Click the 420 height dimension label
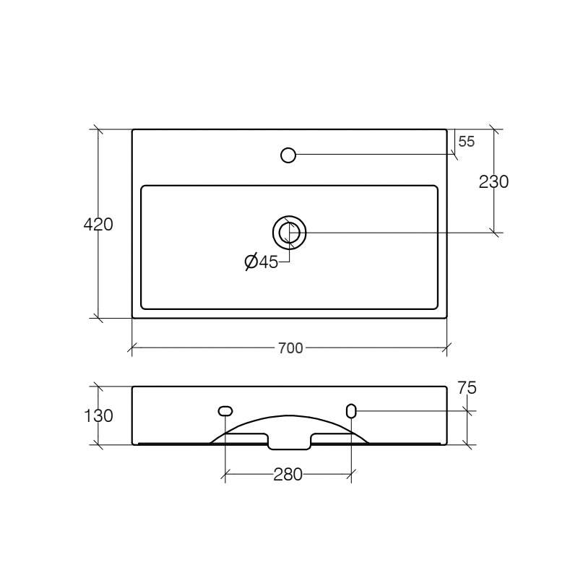coord(98,225)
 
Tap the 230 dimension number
coord(494,182)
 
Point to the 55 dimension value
coord(467,142)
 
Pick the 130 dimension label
coord(98,416)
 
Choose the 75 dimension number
coord(467,388)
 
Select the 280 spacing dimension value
coord(288,475)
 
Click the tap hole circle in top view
coord(288,155)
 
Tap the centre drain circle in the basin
coord(289,232)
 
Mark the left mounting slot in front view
coord(225,411)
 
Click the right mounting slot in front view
coord(351,411)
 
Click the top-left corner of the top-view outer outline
coord(132,129)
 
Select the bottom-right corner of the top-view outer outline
coord(447,318)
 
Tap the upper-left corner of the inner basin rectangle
coord(142,186)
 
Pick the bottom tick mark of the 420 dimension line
coord(98,318)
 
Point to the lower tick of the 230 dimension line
coord(494,232)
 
